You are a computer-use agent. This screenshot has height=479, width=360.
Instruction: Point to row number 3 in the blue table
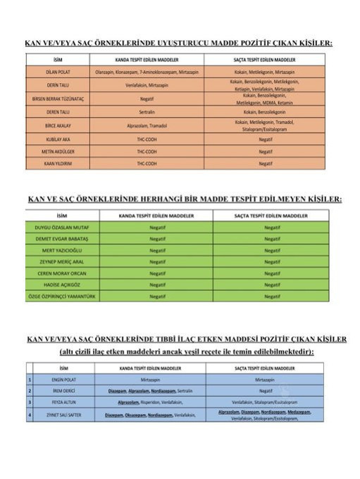(x=30, y=401)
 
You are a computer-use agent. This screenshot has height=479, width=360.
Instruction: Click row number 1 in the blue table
(x=30, y=379)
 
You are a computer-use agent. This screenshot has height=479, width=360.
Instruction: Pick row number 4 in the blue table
(x=30, y=414)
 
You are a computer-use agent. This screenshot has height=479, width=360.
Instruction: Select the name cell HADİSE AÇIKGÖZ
(x=61, y=285)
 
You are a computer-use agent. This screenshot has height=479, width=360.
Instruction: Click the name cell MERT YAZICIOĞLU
(x=61, y=250)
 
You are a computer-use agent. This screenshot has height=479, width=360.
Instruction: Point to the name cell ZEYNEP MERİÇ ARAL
(x=61, y=261)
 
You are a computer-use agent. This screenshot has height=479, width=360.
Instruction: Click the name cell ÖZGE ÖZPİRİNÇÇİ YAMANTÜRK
(x=61, y=297)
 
